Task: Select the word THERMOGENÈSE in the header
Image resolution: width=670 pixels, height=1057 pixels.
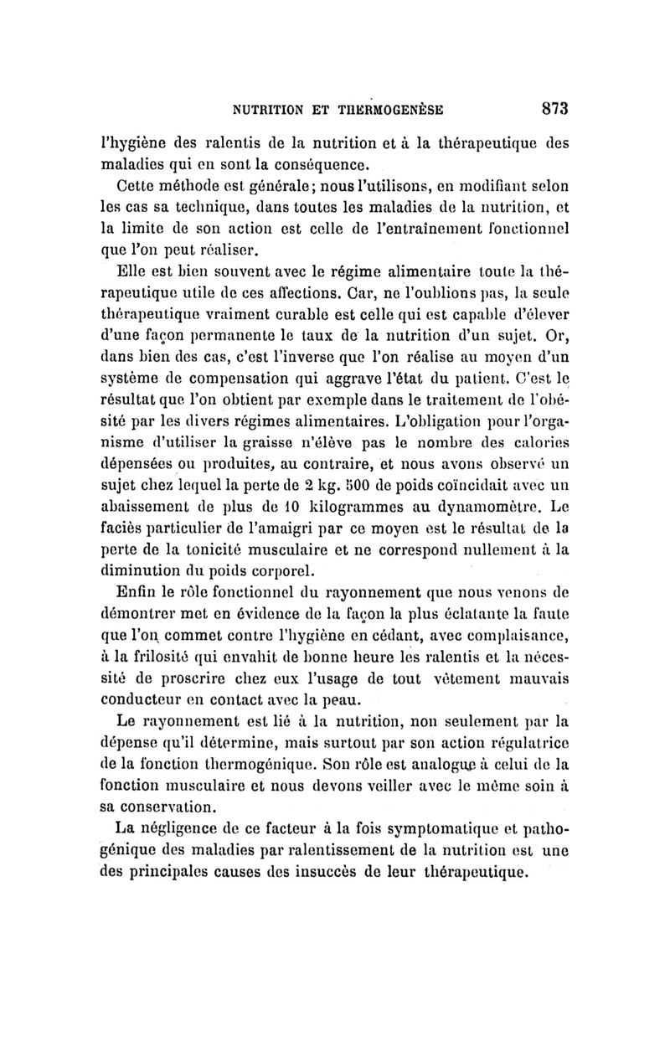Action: pos(391,109)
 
